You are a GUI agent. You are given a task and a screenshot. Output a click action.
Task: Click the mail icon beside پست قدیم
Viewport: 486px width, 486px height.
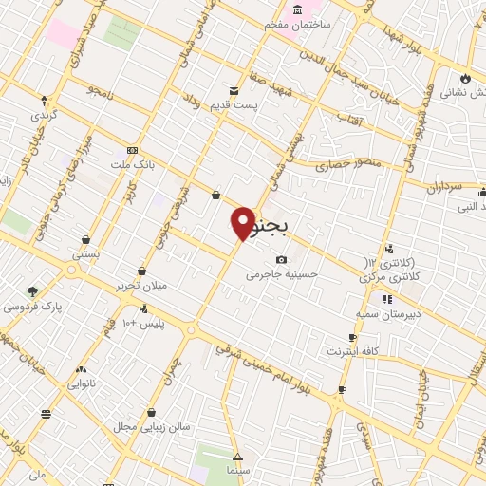click(x=234, y=90)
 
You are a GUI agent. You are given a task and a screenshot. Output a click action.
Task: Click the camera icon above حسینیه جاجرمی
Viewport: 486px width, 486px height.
click(x=281, y=259)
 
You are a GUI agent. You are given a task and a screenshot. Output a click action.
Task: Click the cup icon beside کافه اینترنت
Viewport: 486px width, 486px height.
click(x=353, y=337)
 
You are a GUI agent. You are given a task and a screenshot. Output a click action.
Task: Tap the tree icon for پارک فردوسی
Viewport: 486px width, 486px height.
click(x=33, y=291)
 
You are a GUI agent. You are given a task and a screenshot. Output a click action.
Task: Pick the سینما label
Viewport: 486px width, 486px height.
click(x=237, y=470)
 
